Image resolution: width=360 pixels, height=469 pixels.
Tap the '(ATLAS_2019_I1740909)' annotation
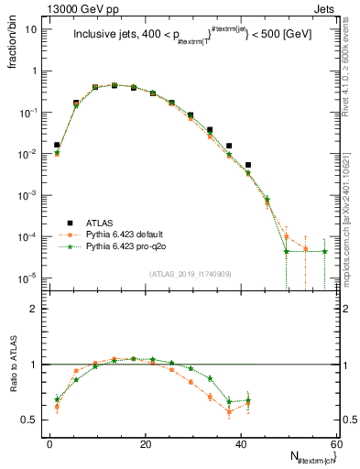coord(189,273)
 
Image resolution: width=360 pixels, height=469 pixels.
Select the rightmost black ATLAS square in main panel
coord(248,165)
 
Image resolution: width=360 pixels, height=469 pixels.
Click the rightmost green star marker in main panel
coord(324,251)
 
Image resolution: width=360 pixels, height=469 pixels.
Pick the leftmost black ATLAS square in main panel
coord(57,145)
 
